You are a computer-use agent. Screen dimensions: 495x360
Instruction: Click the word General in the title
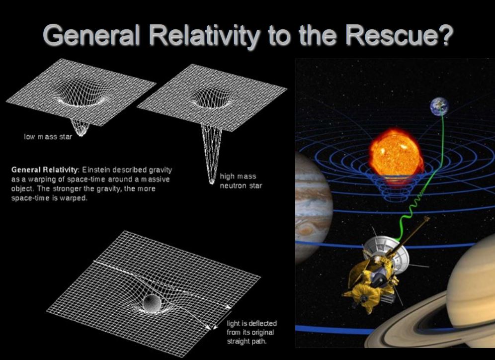pyautogui.click(x=91, y=35)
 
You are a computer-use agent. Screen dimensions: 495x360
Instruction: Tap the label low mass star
pyautogui.click(x=48, y=137)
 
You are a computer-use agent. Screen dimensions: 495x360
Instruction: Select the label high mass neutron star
pyautogui.click(x=241, y=181)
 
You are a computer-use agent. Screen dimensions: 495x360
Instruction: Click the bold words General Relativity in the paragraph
pyautogui.click(x=45, y=170)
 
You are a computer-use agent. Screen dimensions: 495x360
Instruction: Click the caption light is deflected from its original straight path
pyautogui.click(x=251, y=332)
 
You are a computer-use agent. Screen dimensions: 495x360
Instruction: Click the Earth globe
pyautogui.click(x=439, y=106)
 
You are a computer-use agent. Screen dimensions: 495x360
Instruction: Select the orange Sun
pyautogui.click(x=396, y=153)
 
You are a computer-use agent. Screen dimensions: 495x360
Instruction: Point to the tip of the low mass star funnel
pyautogui.click(x=81, y=135)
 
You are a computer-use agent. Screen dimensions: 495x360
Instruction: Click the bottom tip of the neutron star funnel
pyautogui.click(x=212, y=182)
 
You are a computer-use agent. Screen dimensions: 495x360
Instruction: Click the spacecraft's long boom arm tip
pyautogui.click(x=427, y=218)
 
